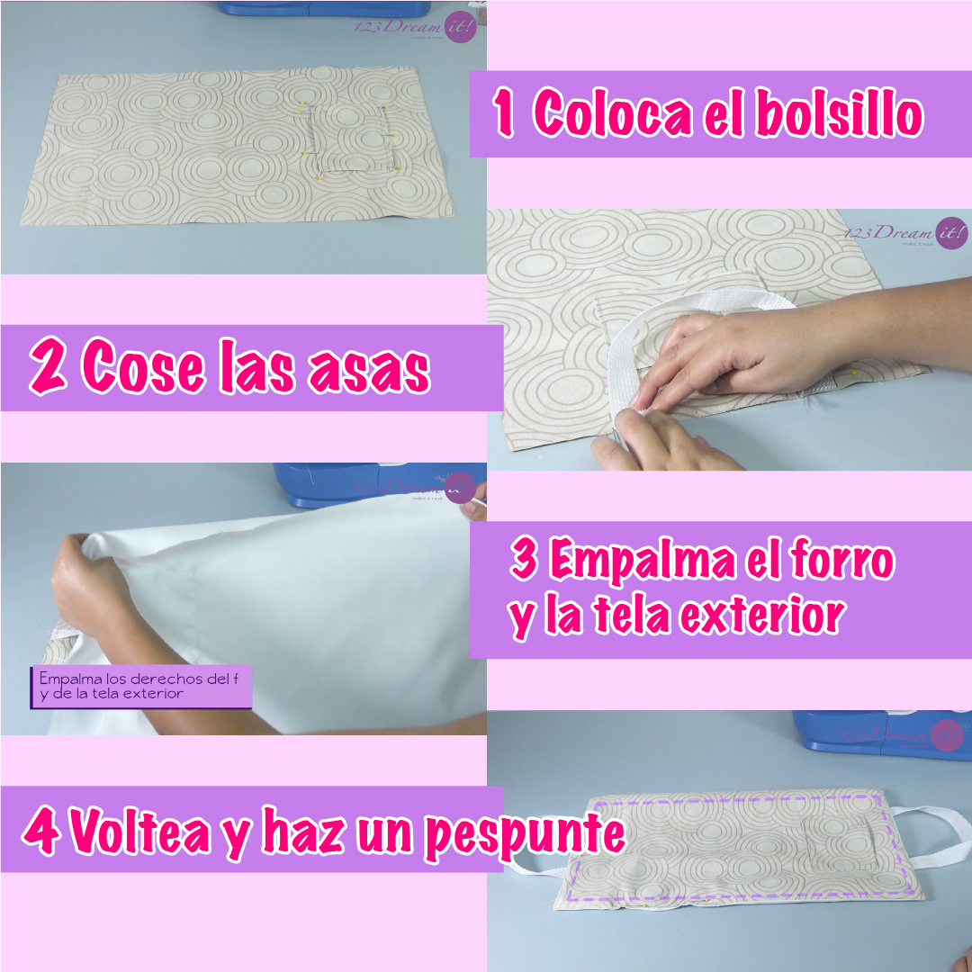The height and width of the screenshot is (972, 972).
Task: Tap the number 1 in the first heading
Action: pos(505,115)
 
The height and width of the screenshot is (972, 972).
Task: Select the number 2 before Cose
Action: pos(47,368)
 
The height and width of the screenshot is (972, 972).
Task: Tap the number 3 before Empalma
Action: pos(524,560)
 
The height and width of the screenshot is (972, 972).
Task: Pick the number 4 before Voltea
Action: pos(41,832)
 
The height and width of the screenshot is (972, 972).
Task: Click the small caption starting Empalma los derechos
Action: pos(141,686)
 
